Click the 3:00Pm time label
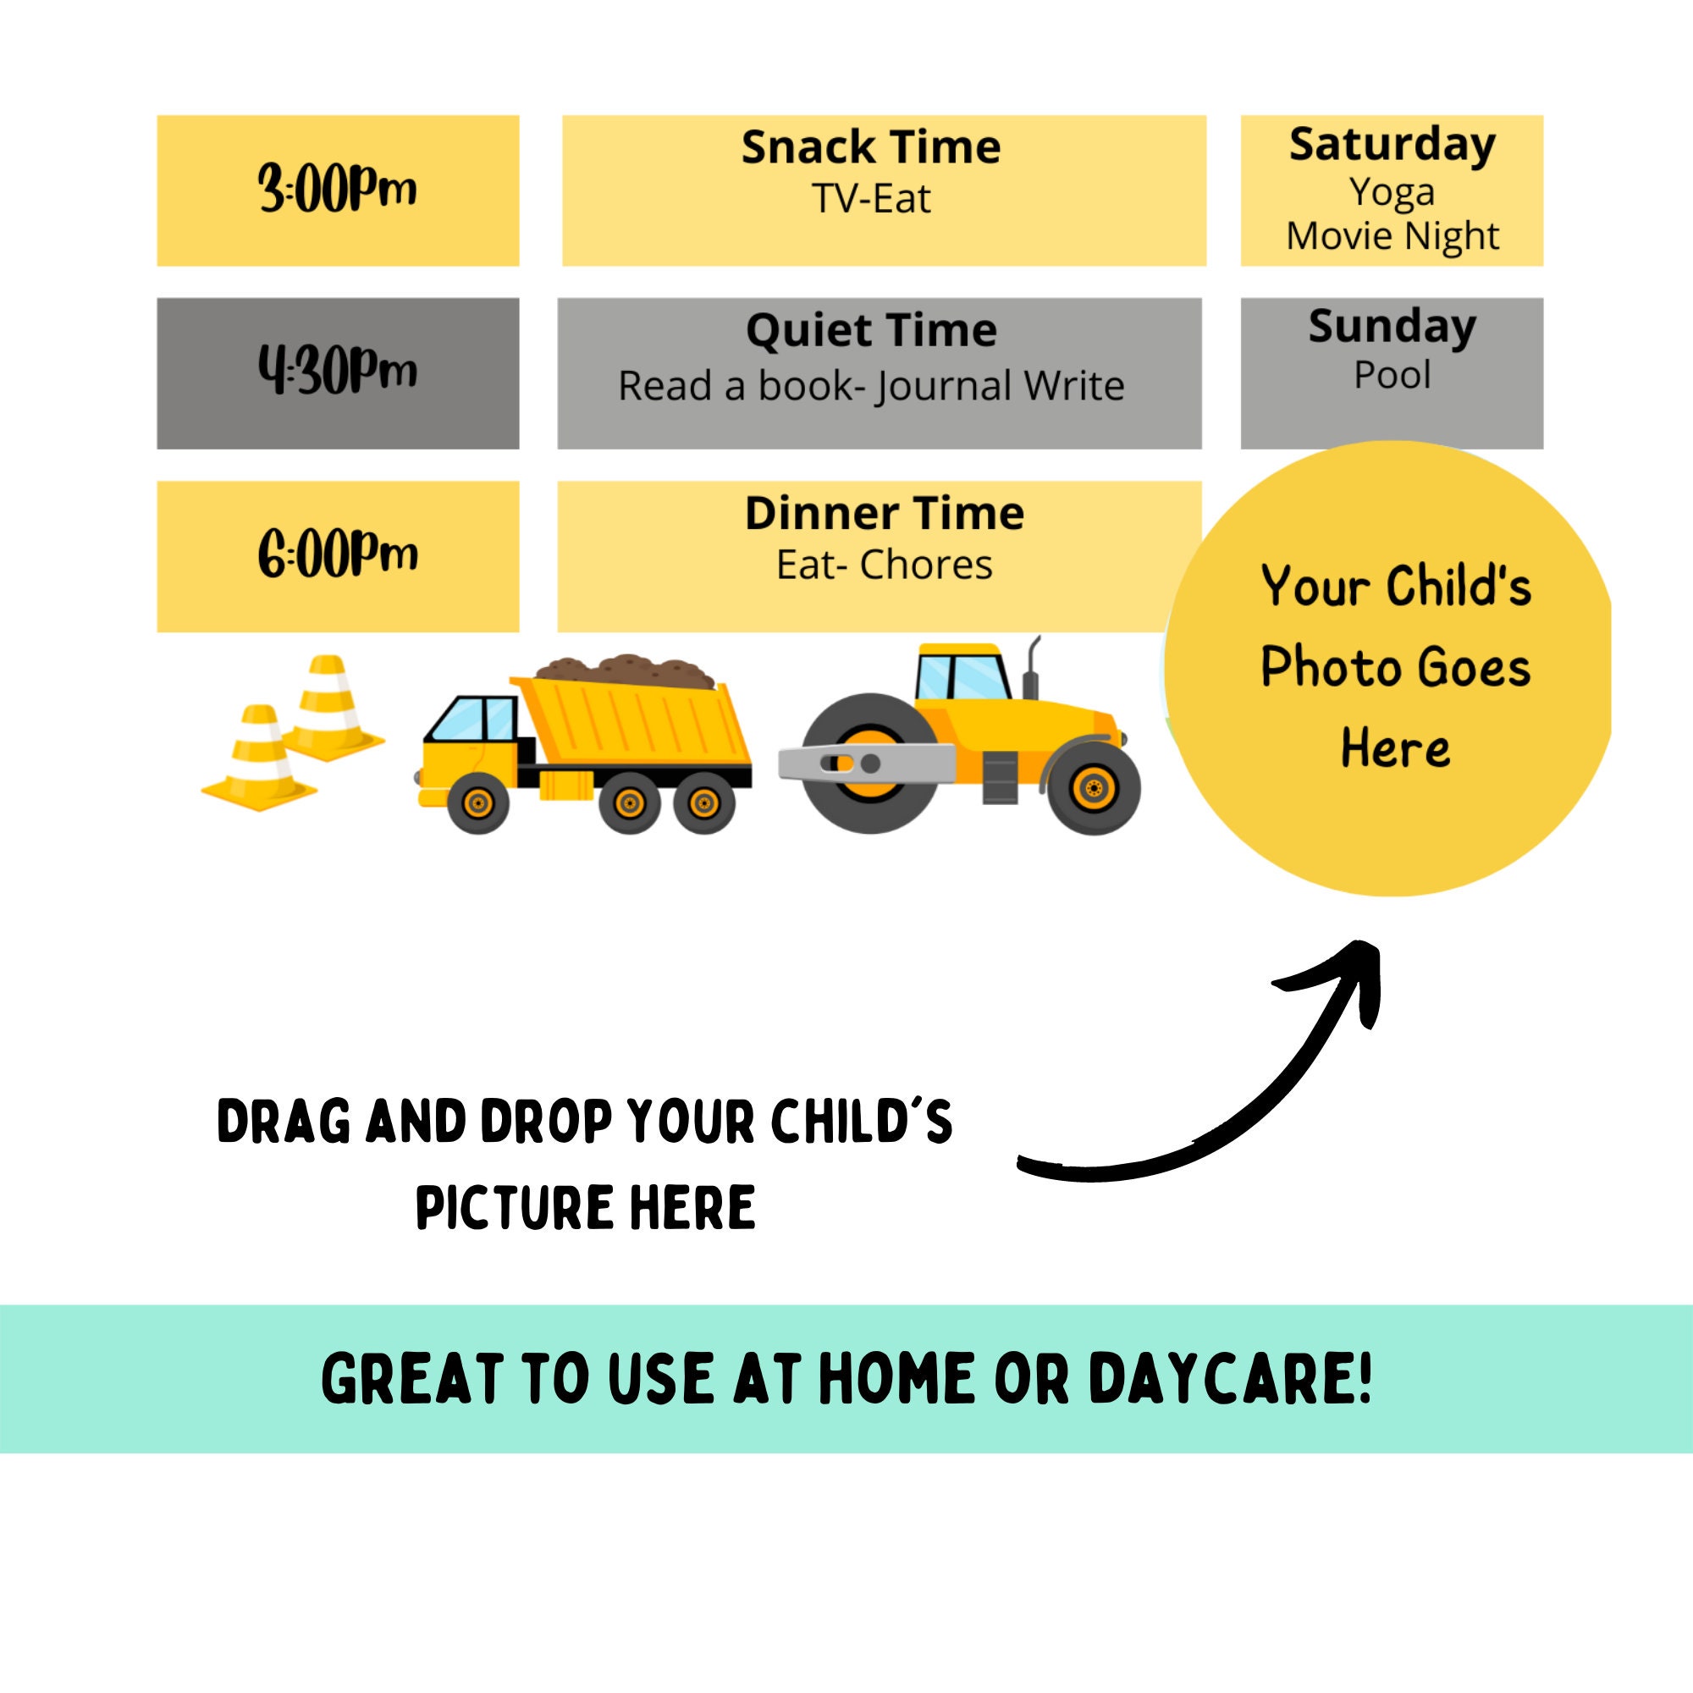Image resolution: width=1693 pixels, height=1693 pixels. [338, 190]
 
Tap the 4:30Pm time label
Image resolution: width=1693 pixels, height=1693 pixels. [338, 372]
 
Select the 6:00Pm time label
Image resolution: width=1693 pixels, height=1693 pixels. [338, 554]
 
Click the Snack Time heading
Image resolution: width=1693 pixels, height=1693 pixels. [870, 147]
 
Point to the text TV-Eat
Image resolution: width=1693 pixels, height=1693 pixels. [870, 199]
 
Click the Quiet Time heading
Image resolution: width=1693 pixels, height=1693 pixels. [871, 330]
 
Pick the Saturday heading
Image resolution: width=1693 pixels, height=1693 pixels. [1392, 145]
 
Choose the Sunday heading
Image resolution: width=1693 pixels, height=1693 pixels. [1392, 327]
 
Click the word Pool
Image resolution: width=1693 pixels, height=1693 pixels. [1392, 375]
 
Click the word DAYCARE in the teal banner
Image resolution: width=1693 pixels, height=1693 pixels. [1228, 1378]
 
